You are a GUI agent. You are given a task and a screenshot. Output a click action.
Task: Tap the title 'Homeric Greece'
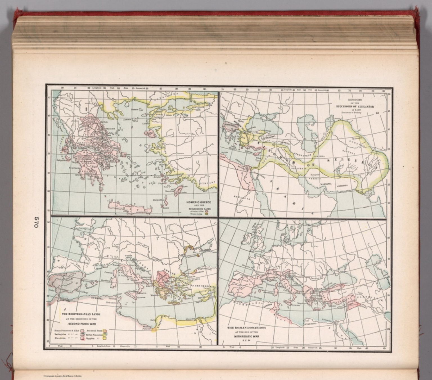click(198, 202)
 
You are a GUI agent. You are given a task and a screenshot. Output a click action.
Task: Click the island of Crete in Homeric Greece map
click(127, 208)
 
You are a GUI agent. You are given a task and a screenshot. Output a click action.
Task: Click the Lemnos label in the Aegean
click(127, 120)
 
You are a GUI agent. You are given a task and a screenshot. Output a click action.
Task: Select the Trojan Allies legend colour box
click(206, 214)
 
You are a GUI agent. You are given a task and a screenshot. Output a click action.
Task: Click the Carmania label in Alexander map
click(326, 184)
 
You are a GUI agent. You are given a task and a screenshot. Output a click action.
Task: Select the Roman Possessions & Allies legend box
click(82, 331)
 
